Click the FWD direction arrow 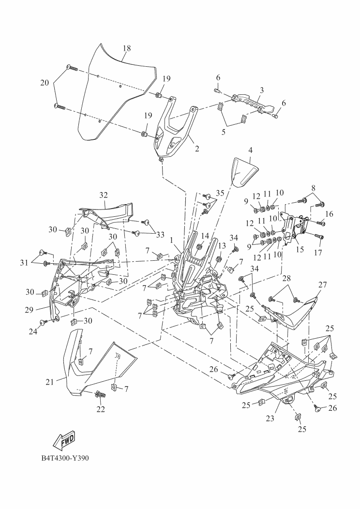(63, 440)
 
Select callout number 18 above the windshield (127, 48)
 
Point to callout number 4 (250, 150)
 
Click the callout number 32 (103, 195)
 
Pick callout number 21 (49, 382)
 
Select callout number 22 (101, 409)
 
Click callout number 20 (44, 83)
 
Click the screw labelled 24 (44, 321)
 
